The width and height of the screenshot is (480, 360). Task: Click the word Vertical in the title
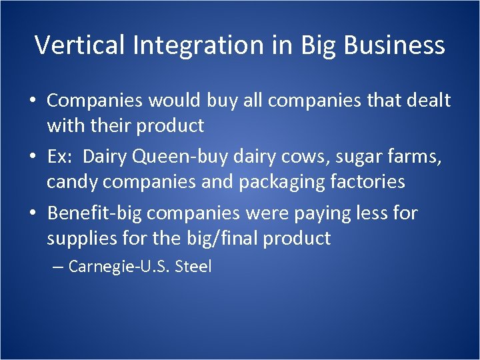coord(81,45)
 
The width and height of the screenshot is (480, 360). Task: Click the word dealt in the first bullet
coord(426,101)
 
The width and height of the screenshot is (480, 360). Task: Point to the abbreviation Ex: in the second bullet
coord(60,157)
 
